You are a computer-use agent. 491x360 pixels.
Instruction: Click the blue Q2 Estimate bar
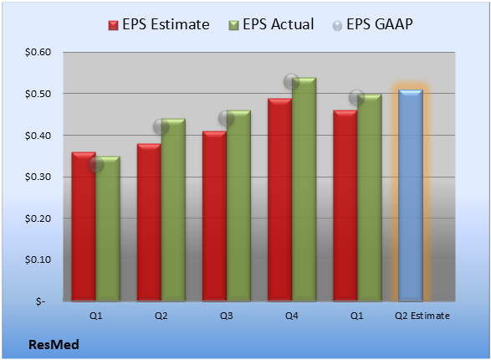click(x=411, y=196)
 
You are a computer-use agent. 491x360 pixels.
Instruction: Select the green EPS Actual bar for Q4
click(x=304, y=189)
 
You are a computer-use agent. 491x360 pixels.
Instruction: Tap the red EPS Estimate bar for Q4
click(x=279, y=200)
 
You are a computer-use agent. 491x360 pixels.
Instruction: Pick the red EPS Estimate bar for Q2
click(x=149, y=223)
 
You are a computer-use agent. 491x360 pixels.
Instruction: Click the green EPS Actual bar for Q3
click(x=238, y=206)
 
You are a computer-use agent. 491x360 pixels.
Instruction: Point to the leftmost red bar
click(x=84, y=227)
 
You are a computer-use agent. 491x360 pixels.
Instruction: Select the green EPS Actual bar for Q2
click(x=173, y=210)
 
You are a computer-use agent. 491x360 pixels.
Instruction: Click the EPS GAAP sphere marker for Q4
click(x=291, y=82)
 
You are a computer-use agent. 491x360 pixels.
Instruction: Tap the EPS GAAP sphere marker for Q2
click(x=161, y=127)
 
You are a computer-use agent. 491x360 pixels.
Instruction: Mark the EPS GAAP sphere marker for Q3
click(x=226, y=118)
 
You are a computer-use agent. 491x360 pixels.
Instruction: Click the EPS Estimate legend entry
click(x=159, y=24)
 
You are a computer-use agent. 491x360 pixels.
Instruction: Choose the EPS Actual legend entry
click(x=271, y=24)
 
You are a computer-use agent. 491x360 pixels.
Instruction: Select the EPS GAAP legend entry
click(x=372, y=24)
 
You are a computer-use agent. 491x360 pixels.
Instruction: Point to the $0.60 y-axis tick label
click(x=38, y=52)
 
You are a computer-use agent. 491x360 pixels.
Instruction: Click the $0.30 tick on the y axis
click(x=38, y=177)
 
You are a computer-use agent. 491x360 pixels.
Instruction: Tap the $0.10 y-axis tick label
click(x=38, y=260)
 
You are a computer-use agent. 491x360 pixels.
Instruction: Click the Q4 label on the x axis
click(x=292, y=316)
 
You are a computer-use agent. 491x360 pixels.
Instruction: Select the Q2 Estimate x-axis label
click(x=422, y=316)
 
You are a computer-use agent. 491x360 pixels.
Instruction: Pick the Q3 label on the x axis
click(x=226, y=316)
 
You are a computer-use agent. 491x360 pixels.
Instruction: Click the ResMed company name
click(x=54, y=345)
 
